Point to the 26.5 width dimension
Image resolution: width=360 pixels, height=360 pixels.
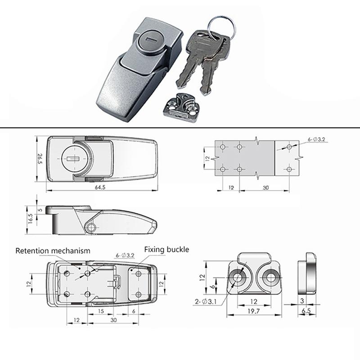click(40, 159)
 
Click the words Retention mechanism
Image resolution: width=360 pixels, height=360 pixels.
click(53, 250)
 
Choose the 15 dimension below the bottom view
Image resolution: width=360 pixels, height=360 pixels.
click(101, 311)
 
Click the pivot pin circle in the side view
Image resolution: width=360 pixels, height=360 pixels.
click(92, 227)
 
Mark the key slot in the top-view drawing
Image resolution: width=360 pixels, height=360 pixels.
click(72, 159)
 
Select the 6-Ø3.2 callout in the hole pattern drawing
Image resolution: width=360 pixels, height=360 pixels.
click(319, 140)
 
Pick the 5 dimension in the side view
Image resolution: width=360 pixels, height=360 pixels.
click(40, 209)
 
